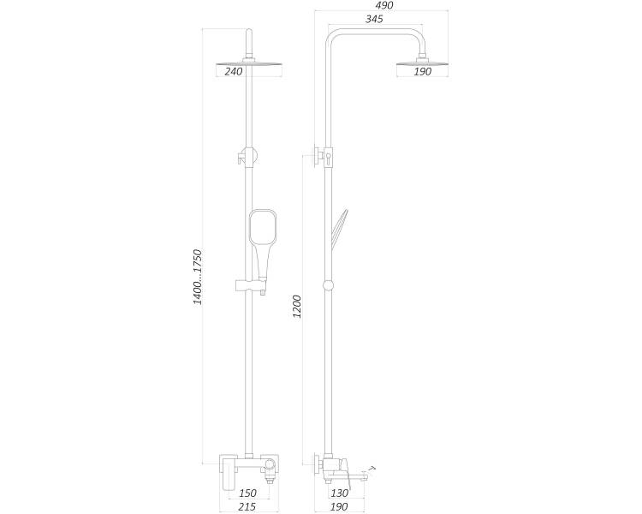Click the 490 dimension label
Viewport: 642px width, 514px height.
[384, 5]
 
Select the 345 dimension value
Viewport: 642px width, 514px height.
[374, 19]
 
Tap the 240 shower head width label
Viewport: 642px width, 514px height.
[234, 71]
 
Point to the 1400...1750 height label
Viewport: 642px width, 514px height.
[198, 277]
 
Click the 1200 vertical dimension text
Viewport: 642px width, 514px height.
[297, 307]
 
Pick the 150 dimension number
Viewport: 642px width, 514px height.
[247, 493]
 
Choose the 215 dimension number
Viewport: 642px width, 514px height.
[247, 507]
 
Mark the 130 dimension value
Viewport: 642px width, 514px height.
[340, 493]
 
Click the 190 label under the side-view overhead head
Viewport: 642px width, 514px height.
[423, 71]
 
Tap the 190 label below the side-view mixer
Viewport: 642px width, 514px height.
[339, 507]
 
